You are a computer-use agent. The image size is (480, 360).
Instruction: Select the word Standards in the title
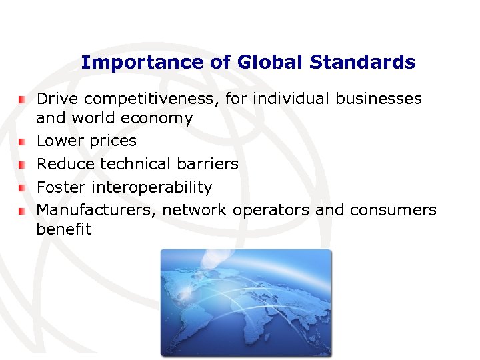[x=359, y=63]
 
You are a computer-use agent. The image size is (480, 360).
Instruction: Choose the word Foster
[x=59, y=187]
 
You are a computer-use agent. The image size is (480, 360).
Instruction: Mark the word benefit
[x=64, y=230]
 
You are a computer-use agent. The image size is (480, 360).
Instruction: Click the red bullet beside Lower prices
[x=22, y=141]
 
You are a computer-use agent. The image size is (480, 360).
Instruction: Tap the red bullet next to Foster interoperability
[x=22, y=187]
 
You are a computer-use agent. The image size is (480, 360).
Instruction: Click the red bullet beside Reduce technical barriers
[x=22, y=164]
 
